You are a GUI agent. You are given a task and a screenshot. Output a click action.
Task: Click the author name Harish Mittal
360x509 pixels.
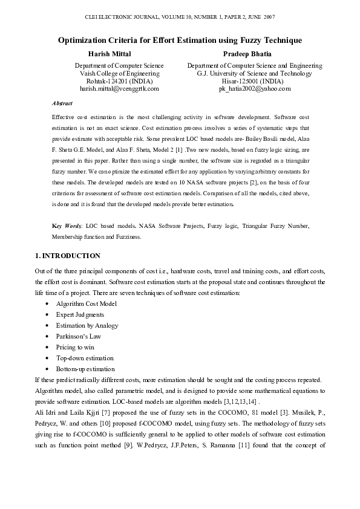coord(114,54)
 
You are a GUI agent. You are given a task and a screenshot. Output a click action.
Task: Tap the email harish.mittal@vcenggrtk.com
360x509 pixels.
coord(119,88)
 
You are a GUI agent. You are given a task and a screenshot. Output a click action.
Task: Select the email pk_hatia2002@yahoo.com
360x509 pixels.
coord(255,88)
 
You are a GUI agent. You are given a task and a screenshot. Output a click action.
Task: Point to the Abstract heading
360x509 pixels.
coord(62,103)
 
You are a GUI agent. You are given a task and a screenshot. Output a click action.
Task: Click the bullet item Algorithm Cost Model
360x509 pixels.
coord(86,303)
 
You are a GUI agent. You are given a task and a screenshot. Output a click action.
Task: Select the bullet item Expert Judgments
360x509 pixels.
coord(80,314)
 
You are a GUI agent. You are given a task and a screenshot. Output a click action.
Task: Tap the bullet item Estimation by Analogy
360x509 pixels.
coord(87,325)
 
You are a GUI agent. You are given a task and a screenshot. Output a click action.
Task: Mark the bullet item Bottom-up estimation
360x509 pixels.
coord(85,369)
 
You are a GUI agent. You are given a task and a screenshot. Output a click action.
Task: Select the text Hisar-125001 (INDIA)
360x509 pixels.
coord(255,80)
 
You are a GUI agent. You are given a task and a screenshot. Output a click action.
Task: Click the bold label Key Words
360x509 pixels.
coord(65,225)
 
